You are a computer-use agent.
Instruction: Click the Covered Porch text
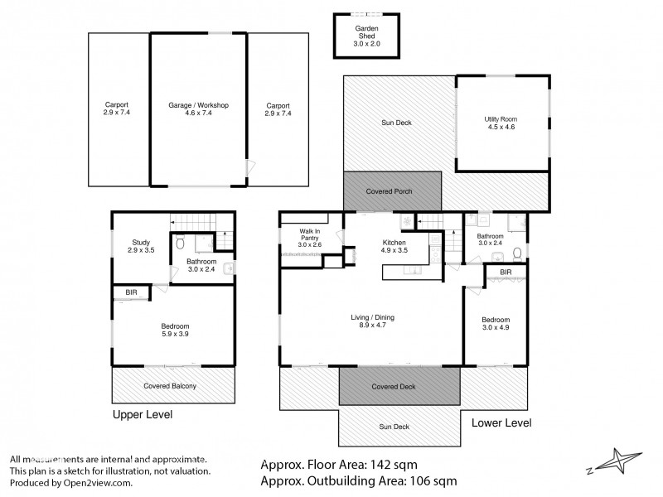coord(390,191)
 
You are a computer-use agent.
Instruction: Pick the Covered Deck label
coord(394,386)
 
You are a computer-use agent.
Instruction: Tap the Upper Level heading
coord(142,414)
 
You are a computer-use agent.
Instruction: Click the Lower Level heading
coord(501,422)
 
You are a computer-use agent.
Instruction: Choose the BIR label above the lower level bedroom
coord(505,272)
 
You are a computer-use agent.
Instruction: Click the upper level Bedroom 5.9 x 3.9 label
coord(175,330)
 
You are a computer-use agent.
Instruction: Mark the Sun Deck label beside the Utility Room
coord(395,123)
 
